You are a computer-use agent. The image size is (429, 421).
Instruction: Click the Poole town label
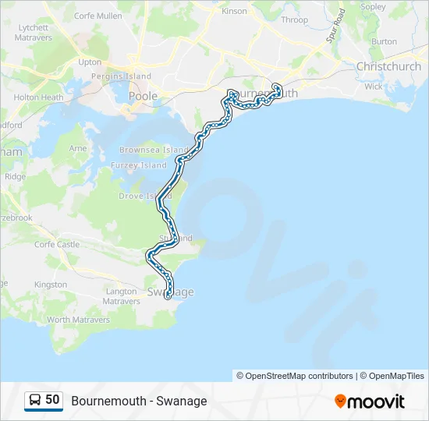143,96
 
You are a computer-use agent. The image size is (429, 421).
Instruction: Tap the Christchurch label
388,66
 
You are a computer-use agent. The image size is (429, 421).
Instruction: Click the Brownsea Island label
154,150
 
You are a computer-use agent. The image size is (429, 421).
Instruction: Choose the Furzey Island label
143,165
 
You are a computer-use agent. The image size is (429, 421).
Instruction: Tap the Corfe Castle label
56,244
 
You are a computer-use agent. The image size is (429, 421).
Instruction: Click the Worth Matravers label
80,320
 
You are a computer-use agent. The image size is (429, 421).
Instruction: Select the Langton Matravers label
120,296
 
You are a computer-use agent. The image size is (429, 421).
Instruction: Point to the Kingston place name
51,285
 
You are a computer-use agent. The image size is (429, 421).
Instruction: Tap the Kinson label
234,12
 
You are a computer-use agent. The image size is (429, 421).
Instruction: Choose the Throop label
294,20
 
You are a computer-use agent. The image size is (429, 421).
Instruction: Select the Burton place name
385,41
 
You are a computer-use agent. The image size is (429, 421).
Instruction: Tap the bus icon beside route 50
35,400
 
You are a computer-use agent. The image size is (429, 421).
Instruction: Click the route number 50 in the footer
52,400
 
